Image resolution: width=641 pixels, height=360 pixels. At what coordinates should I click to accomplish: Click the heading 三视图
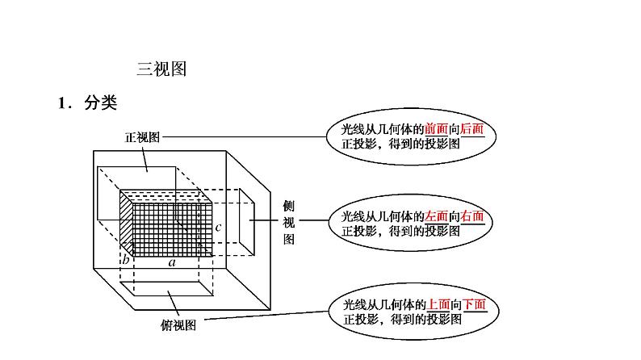pos(161,70)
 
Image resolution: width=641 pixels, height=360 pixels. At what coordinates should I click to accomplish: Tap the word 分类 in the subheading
pos(100,103)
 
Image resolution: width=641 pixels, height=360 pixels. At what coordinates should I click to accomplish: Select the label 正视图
pos(142,137)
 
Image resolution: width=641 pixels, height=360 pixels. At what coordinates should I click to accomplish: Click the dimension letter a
pos(172,262)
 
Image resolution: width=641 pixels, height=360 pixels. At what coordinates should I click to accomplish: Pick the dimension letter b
pos(126,260)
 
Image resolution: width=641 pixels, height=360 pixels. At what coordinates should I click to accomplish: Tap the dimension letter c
pos(218,227)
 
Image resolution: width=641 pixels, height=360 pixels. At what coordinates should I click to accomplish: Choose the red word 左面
pos(436,216)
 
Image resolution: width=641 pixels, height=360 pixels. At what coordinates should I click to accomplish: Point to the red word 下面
pos(475,304)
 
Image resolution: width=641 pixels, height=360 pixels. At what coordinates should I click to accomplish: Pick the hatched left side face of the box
pos(126,222)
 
